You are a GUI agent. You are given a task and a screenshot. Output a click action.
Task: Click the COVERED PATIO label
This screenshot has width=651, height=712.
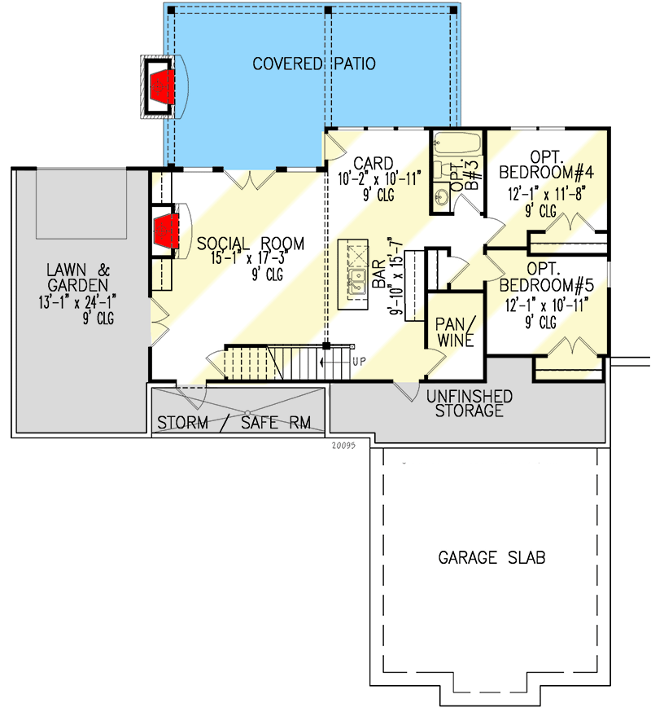pyautogui.click(x=313, y=64)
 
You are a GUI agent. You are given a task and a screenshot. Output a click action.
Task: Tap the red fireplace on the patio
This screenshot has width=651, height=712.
pyautogui.click(x=163, y=83)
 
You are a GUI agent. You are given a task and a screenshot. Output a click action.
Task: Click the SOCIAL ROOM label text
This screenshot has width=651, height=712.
pyautogui.click(x=250, y=244)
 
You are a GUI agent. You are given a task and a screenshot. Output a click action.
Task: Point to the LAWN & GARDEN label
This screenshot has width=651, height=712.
pyautogui.click(x=76, y=278)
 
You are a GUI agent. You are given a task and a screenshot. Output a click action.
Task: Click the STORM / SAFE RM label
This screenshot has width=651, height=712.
pyautogui.click(x=240, y=424)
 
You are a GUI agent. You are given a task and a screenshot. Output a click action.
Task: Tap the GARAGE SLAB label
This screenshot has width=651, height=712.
pyautogui.click(x=492, y=558)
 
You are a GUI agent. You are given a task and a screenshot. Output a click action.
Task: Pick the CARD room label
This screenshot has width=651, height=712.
pyautogui.click(x=374, y=161)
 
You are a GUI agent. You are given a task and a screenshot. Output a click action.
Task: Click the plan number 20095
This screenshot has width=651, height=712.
pyautogui.click(x=346, y=446)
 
